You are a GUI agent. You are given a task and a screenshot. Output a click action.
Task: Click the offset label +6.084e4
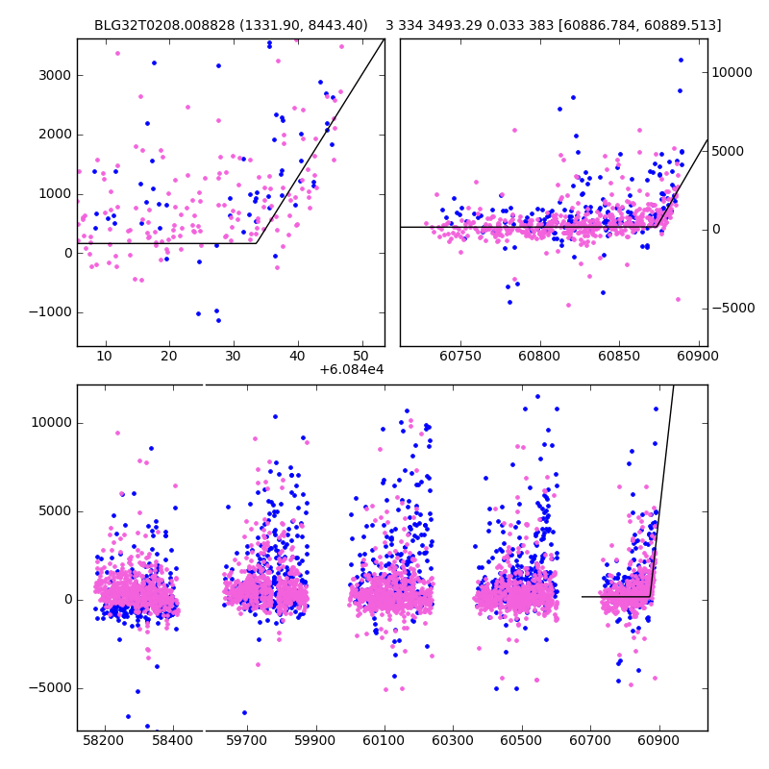[x=352, y=368]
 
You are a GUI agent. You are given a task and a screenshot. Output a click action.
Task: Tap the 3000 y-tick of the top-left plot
[x=56, y=75]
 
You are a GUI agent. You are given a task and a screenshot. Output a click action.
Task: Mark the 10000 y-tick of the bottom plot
[x=50, y=422]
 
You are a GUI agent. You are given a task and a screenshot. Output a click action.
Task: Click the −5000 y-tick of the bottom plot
[x=50, y=687]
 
